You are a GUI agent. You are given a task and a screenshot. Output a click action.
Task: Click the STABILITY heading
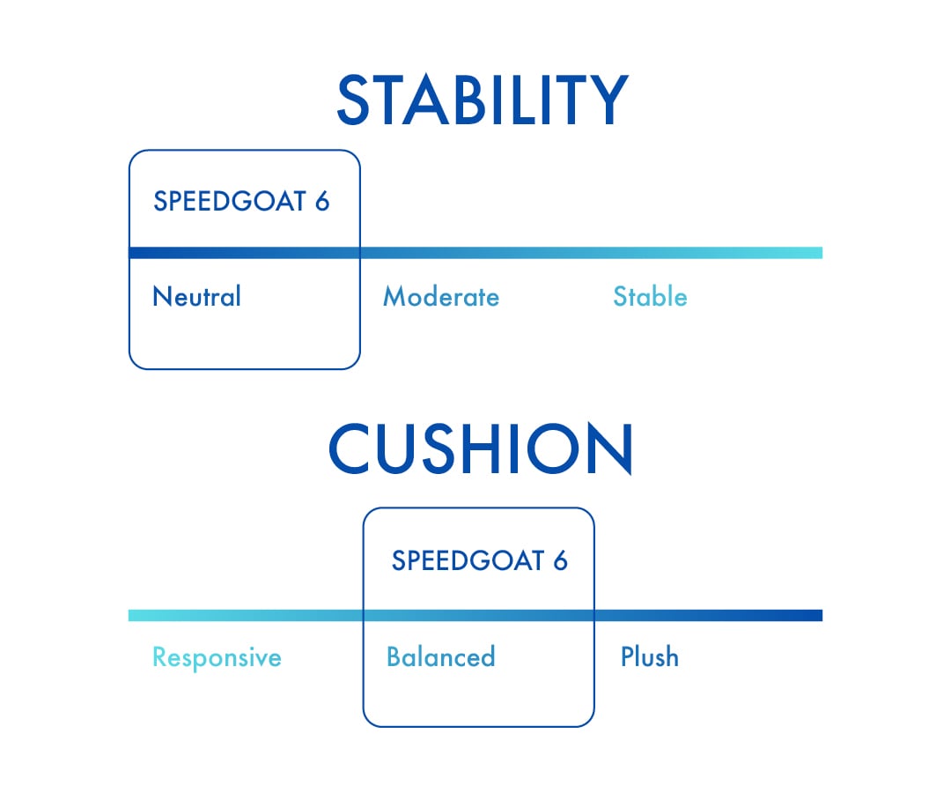tap(482, 100)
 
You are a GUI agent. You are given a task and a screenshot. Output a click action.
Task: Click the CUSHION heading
tap(481, 449)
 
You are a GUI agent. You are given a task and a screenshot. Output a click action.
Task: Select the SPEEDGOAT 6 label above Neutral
tap(241, 201)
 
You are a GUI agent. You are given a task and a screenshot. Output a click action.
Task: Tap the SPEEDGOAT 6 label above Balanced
tap(480, 560)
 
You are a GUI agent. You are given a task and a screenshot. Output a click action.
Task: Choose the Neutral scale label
tap(196, 296)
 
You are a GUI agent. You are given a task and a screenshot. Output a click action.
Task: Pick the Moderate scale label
tap(440, 297)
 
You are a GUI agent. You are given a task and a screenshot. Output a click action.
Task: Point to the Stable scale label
tap(650, 297)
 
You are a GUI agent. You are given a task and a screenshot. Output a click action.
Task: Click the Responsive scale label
tap(217, 657)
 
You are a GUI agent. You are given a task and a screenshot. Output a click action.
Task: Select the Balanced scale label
tap(440, 656)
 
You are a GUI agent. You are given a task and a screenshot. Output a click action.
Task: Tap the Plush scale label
tap(650, 656)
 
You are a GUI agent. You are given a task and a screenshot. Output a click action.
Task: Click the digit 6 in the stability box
tap(321, 201)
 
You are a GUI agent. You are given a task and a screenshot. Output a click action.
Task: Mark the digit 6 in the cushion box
tap(560, 560)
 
